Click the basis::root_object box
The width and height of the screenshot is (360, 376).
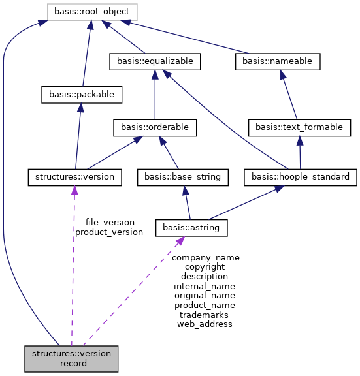[x=92, y=11]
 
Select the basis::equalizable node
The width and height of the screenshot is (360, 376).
[x=154, y=61]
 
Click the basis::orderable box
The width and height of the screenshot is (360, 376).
[x=154, y=127]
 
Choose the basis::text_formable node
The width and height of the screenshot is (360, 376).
[x=299, y=127]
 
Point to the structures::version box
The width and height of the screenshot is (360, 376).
[x=75, y=176]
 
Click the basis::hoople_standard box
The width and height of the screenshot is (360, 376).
[x=300, y=176]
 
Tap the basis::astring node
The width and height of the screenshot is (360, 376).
[x=191, y=227]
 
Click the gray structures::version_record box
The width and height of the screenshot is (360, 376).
[x=71, y=358]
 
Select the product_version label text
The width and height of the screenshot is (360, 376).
[x=108, y=232]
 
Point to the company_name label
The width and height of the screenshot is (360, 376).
[x=205, y=257]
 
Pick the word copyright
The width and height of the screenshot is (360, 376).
[x=205, y=266]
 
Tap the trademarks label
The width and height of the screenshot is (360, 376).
[x=204, y=314]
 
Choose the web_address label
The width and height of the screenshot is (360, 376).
[x=205, y=324]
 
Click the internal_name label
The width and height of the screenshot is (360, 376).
[x=205, y=286]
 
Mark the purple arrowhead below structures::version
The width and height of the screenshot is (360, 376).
[x=74, y=190]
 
